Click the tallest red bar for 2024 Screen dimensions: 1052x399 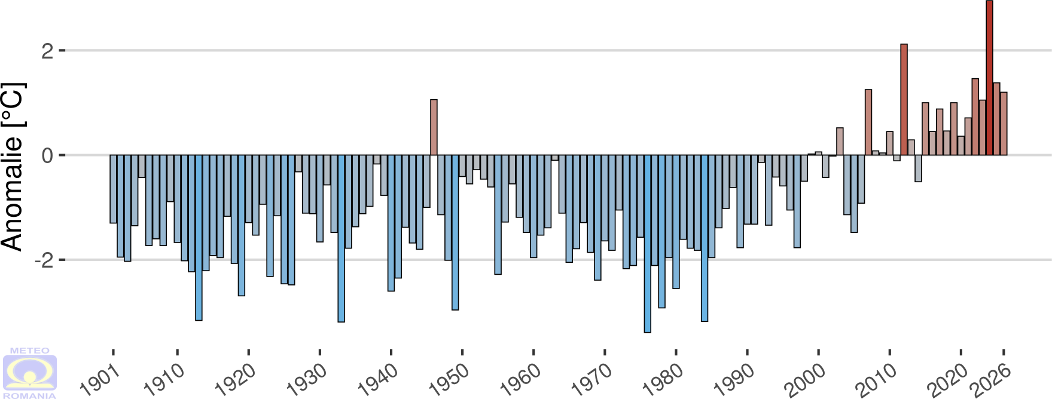click(990, 78)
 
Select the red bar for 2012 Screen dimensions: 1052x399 click(904, 100)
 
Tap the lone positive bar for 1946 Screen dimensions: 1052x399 click(434, 127)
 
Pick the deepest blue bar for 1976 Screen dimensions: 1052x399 click(648, 244)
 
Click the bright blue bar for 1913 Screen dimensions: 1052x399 click(199, 238)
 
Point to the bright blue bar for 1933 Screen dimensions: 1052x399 click(341, 239)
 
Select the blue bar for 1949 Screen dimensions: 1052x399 click(455, 232)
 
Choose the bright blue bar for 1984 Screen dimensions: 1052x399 click(705, 238)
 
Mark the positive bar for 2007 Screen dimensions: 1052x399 click(868, 122)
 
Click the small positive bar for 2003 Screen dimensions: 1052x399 click(840, 142)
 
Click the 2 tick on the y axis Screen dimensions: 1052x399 click(47, 51)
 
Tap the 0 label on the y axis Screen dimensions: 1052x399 click(47, 155)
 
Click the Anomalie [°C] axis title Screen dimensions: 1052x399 click(13, 167)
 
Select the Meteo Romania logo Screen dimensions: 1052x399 click(30, 373)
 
